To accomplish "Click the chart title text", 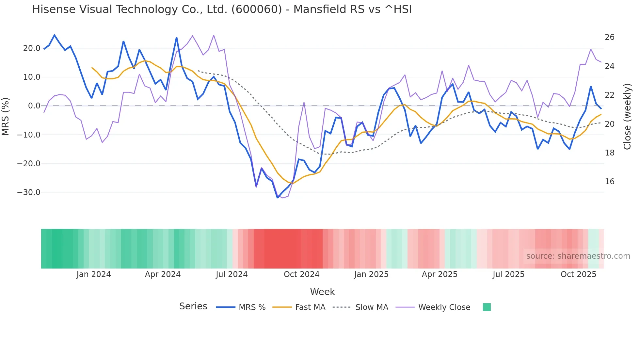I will (x=222, y=9).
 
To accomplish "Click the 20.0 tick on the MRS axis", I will (x=32, y=48).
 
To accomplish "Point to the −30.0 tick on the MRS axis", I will (x=29, y=192).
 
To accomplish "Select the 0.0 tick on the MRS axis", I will (x=34, y=106).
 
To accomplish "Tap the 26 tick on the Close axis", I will (x=609, y=37).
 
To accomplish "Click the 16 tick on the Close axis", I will (x=609, y=182).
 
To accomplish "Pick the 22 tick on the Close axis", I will (x=609, y=95).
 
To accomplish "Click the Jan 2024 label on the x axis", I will (x=94, y=274).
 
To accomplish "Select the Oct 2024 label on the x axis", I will (x=301, y=274).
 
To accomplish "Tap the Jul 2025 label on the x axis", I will (x=508, y=274).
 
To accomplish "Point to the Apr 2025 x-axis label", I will (x=440, y=274).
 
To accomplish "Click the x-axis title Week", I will (x=322, y=292).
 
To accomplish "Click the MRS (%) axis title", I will (x=6, y=116).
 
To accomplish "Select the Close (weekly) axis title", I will (x=627, y=116).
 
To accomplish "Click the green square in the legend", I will (x=487, y=307).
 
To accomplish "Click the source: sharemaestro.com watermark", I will (x=578, y=256).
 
